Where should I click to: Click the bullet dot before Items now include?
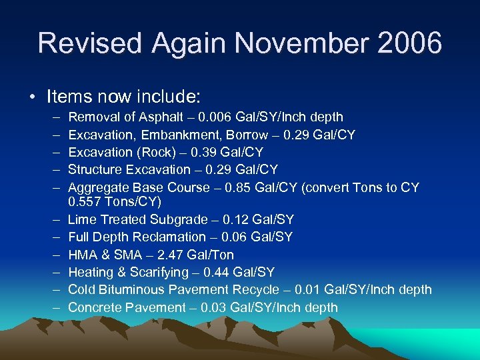coord(33,97)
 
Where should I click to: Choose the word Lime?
coord(81,219)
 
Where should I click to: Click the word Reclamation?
coord(168,237)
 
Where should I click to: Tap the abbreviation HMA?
coord(82,255)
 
